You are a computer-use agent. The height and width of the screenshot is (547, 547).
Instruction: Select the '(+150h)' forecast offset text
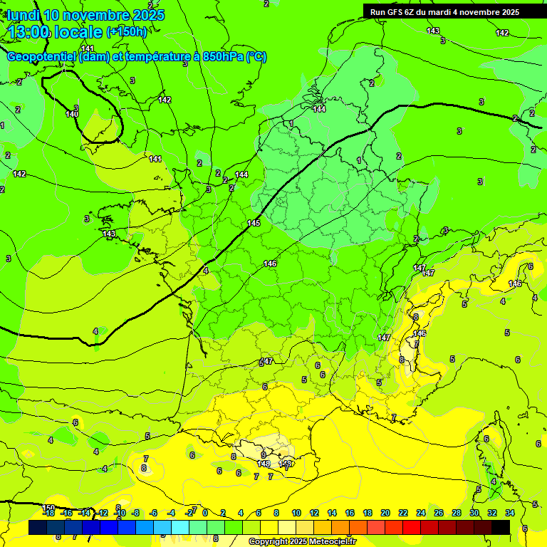click(126, 31)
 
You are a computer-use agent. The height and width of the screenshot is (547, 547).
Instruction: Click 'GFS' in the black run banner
click(397, 11)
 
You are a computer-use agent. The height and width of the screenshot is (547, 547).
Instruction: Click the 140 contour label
click(72, 114)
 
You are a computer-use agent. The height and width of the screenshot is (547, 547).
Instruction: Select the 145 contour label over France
click(254, 223)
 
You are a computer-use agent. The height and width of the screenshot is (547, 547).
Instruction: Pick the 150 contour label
click(48, 507)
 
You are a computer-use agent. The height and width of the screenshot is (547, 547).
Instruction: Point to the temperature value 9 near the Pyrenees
click(263, 454)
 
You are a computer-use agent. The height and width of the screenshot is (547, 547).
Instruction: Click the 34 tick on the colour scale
click(509, 513)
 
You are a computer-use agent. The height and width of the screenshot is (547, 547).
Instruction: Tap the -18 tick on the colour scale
click(48, 513)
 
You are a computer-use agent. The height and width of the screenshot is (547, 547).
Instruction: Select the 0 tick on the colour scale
click(205, 513)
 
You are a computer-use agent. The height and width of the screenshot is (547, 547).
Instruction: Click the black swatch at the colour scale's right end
click(501, 527)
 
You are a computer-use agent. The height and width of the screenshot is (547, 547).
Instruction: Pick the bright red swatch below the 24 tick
click(412, 527)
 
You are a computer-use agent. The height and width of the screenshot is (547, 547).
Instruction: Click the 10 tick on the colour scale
click(296, 513)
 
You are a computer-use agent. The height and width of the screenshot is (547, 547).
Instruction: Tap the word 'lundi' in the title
click(24, 15)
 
